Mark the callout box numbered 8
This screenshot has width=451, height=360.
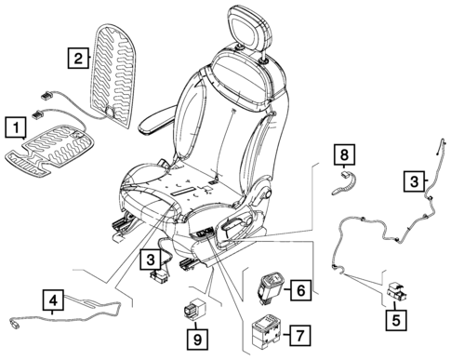(x=344, y=151)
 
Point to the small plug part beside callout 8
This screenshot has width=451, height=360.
(x=344, y=179)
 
